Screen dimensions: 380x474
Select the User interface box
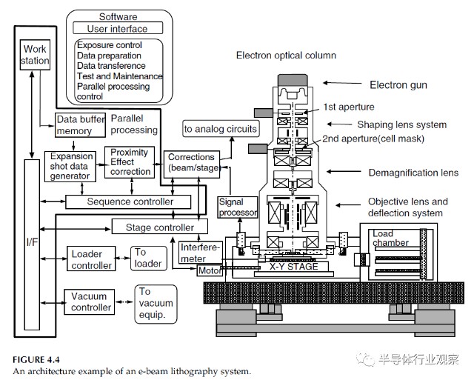pos(118,29)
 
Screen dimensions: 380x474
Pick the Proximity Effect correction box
pos(130,162)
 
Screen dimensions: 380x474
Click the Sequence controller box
pos(130,201)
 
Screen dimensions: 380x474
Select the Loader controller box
pos(92,260)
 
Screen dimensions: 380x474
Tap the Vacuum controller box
pos(89,301)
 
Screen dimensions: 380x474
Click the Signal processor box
pos(238,207)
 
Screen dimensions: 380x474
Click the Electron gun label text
pos(398,85)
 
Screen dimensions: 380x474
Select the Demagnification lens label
pos(413,173)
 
